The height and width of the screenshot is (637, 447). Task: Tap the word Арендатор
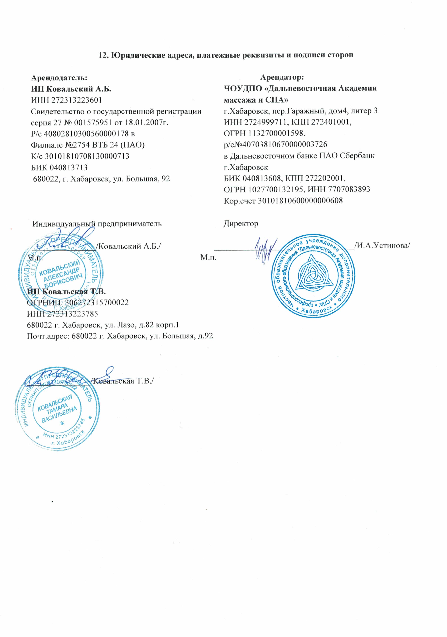[282, 77]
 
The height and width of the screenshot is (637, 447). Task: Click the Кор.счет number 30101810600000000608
[300, 201]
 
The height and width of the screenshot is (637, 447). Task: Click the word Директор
[241, 224]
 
